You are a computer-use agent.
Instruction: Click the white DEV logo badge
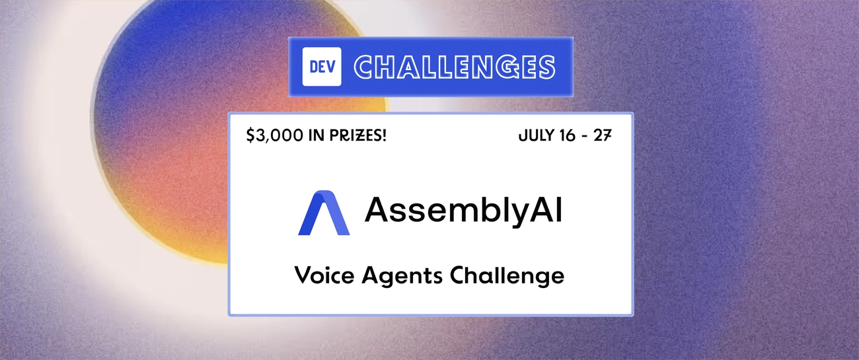point(322,67)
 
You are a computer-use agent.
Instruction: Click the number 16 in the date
point(568,136)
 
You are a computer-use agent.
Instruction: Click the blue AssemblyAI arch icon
point(322,212)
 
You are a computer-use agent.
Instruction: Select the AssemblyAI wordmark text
point(463,210)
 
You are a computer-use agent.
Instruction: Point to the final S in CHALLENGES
point(544,67)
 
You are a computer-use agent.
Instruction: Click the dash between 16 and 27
point(587,137)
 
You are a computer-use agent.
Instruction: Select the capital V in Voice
point(303,275)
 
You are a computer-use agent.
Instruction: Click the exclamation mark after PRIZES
point(384,136)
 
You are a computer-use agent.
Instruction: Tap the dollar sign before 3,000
point(250,136)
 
